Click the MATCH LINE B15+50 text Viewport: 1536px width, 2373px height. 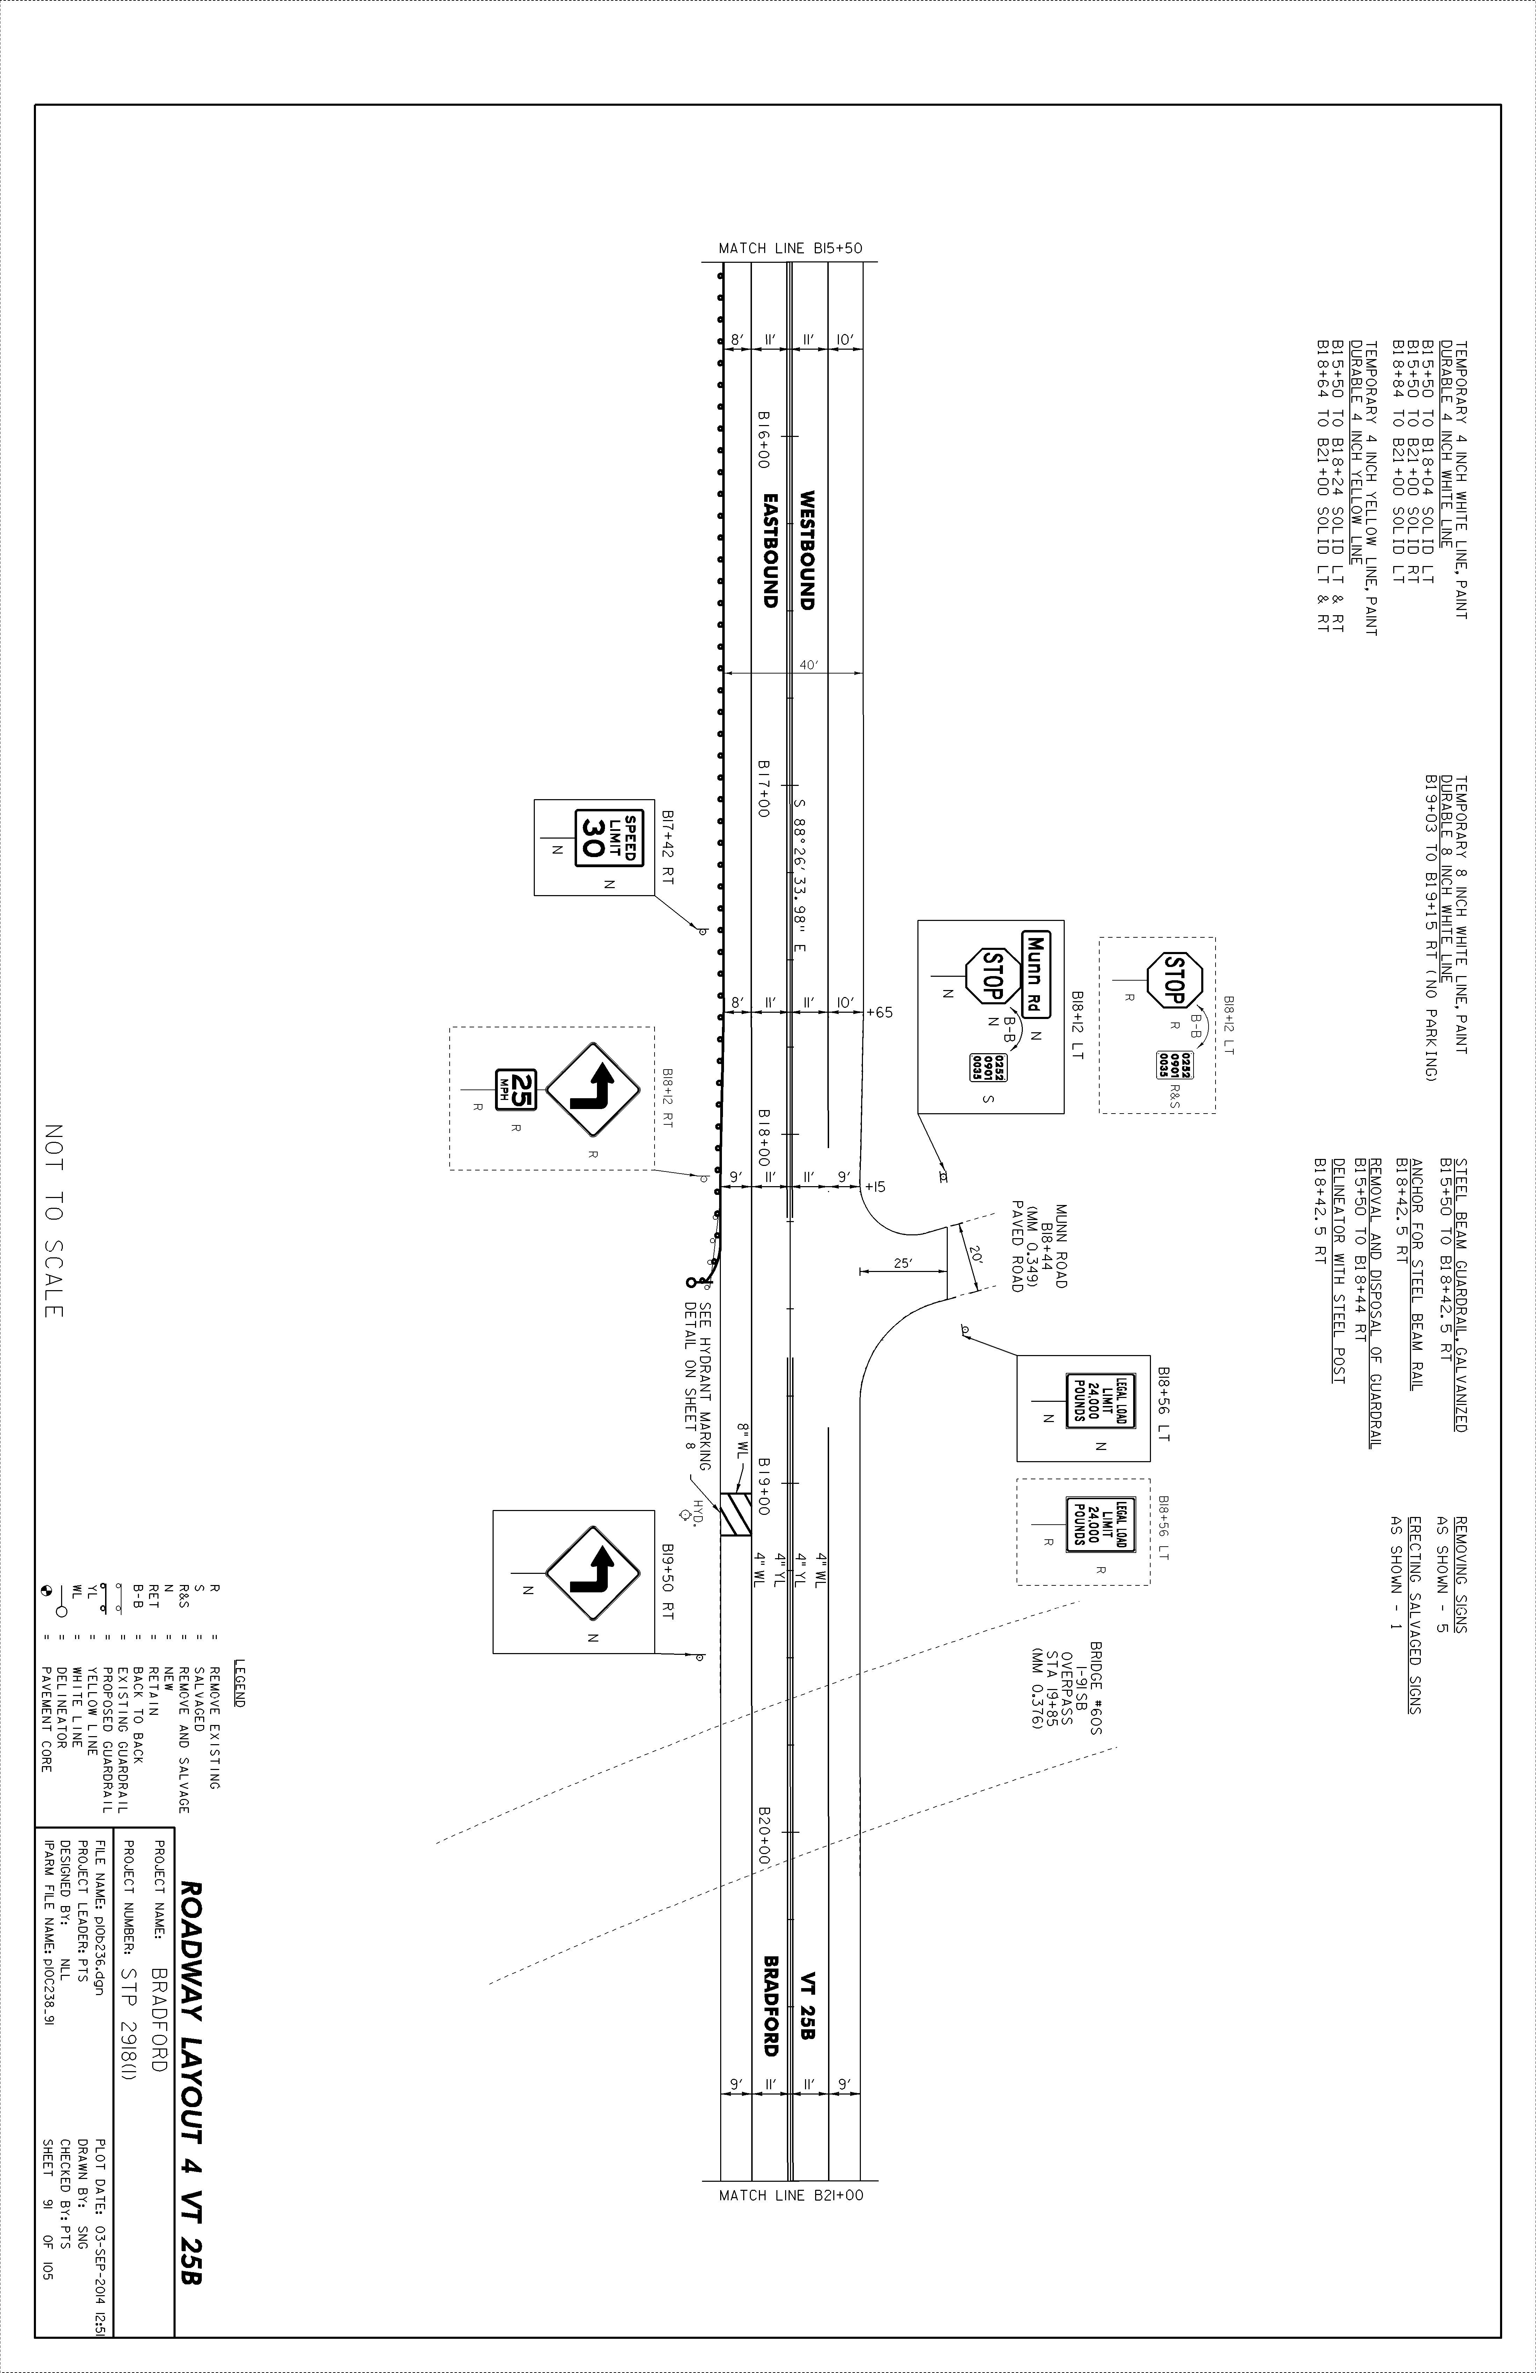[790, 248]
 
